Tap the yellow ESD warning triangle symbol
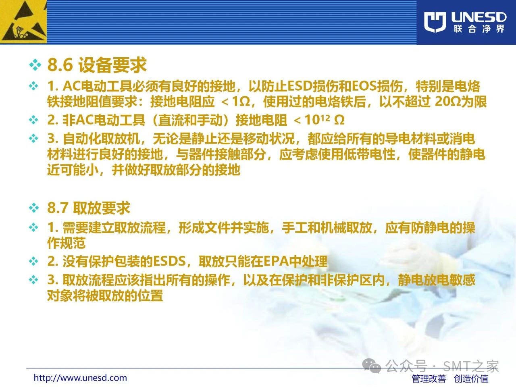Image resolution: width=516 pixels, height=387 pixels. tap(23, 22)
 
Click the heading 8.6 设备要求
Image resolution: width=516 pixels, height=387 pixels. tap(97, 65)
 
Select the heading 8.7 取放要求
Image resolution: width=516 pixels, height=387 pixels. tap(89, 208)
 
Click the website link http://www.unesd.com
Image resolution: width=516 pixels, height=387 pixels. tap(80, 378)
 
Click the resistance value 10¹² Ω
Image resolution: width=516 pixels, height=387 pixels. tap(325, 120)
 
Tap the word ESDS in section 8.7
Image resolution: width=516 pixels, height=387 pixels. tap(169, 261)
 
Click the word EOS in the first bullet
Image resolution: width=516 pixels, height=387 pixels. tap(364, 86)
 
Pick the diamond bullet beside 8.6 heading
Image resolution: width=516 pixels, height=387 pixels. tap(35, 65)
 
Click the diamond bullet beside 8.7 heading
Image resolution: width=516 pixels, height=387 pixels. tap(34, 208)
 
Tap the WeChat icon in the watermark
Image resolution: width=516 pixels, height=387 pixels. tap(371, 366)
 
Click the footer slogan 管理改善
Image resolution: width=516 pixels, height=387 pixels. tap(429, 379)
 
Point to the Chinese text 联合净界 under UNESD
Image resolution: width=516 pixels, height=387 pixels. tap(479, 29)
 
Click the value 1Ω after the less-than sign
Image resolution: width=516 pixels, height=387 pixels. tap(241, 102)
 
